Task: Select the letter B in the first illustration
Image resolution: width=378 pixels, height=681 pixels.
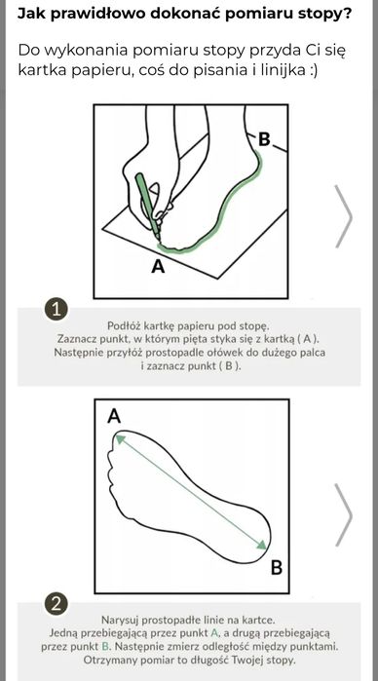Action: point(264,140)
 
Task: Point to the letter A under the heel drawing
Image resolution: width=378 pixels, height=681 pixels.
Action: point(159,267)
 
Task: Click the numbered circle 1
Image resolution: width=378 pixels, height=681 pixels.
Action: point(57,310)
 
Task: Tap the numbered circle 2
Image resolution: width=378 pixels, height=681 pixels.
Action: point(57,605)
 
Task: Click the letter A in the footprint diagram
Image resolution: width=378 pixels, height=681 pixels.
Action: point(114,417)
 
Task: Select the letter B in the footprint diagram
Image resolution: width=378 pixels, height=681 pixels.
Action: point(277,568)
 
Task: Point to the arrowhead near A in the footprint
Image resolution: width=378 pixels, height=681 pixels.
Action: point(119,439)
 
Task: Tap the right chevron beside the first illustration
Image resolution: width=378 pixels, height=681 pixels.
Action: point(343,216)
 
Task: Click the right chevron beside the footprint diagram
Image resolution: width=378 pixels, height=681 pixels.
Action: point(343,515)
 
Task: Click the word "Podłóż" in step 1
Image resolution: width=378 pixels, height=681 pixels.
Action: point(122,325)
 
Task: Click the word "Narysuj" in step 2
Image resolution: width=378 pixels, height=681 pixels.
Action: point(117,620)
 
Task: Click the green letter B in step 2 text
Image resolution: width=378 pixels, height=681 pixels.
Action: point(104,646)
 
